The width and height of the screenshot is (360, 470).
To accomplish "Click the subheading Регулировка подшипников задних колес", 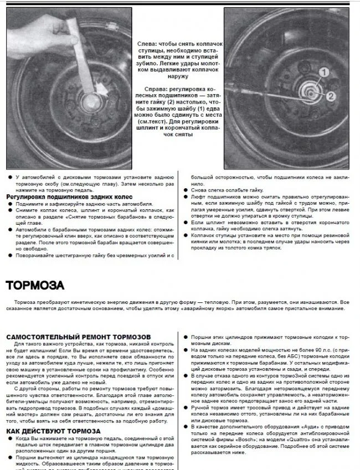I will (x=71, y=196).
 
